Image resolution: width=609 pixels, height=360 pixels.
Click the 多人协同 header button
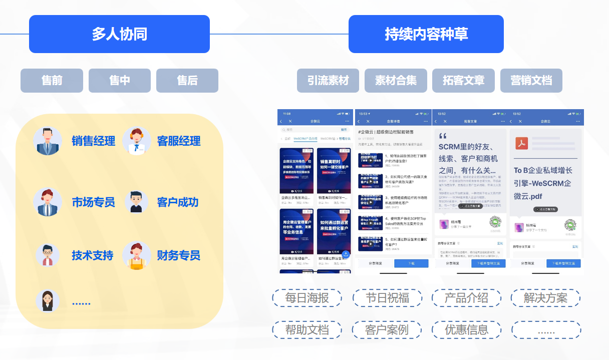click(119, 34)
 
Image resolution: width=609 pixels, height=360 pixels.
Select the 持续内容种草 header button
click(426, 34)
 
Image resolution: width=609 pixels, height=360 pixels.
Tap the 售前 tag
click(52, 81)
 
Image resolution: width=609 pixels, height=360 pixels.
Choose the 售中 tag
click(119, 81)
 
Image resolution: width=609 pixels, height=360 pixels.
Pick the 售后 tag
click(187, 81)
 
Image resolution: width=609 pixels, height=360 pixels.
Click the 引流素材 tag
click(328, 81)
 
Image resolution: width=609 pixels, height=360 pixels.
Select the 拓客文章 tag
click(463, 81)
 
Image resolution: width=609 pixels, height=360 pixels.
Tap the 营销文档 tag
click(531, 81)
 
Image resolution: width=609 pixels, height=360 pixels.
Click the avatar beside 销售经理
click(48, 141)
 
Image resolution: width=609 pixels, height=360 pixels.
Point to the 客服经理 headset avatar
click(136, 141)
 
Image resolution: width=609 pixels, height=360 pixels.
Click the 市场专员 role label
click(93, 202)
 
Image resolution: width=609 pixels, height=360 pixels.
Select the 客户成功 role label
click(178, 202)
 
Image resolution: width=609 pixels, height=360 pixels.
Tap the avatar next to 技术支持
click(48, 255)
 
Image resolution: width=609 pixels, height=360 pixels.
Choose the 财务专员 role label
click(178, 255)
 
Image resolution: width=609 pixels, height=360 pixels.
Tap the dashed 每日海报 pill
click(307, 298)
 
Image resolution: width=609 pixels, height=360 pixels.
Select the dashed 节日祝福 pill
click(387, 298)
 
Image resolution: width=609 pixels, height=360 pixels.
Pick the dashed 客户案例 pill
click(387, 330)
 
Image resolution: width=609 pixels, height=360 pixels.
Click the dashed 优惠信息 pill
click(466, 330)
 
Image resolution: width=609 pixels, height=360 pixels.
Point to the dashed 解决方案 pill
click(545, 298)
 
